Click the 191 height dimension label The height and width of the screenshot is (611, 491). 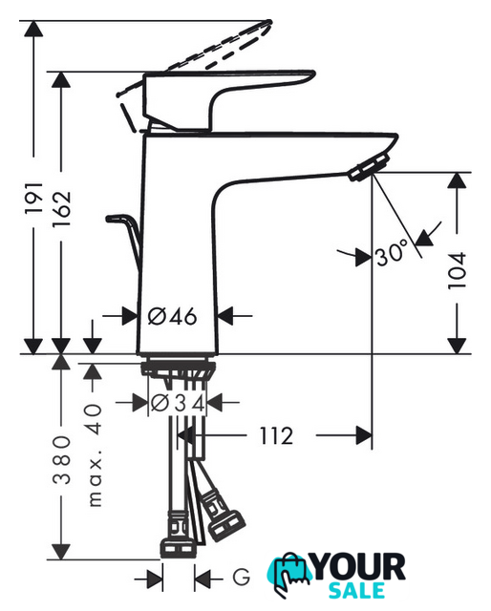click(x=34, y=198)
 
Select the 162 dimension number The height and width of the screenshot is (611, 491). click(x=62, y=209)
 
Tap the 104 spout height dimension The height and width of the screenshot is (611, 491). click(x=457, y=270)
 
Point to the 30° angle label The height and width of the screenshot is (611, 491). click(x=392, y=252)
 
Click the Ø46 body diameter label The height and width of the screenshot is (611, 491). click(x=172, y=316)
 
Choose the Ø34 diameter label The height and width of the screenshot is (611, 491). click(x=178, y=403)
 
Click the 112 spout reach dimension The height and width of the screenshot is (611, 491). click(x=276, y=435)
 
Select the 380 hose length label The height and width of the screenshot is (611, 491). click(x=62, y=460)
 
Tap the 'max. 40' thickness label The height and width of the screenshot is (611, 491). click(x=94, y=455)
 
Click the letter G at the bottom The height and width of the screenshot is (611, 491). click(x=242, y=577)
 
